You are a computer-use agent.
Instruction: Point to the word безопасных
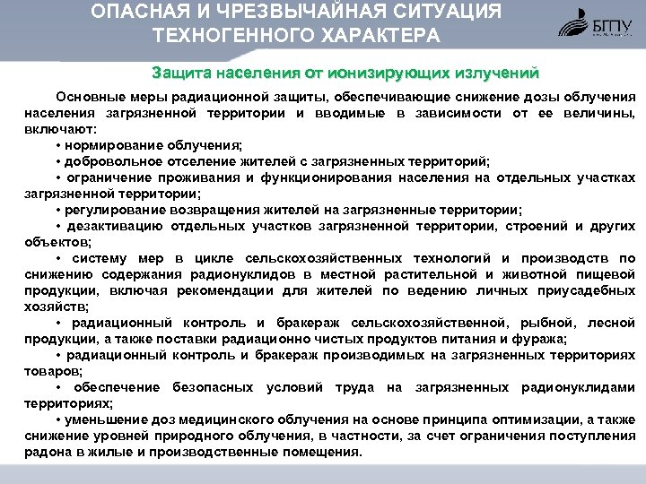pos(214,387)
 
